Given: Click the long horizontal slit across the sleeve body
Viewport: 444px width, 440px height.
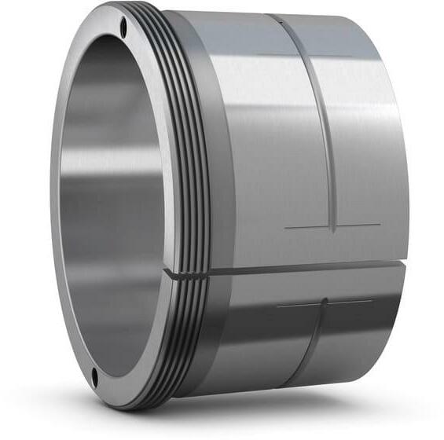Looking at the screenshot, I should pyautogui.click(x=299, y=269).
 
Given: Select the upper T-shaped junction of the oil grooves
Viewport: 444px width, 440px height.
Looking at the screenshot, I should pyautogui.click(x=333, y=227).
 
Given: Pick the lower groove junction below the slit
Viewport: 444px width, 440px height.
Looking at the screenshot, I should pyautogui.click(x=325, y=302).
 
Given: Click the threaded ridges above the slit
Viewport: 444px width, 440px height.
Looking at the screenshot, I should pyautogui.click(x=189, y=157).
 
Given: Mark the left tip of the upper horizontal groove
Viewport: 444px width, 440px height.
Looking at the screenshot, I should pyautogui.click(x=284, y=228).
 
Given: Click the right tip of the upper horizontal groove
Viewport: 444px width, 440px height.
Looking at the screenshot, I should pyautogui.click(x=380, y=225).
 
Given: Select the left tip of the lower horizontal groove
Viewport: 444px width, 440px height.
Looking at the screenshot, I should pyautogui.click(x=277, y=305).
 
